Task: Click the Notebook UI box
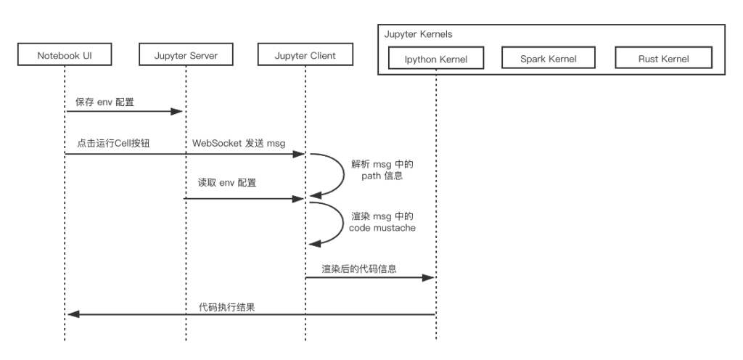[65, 54]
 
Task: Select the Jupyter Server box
[186, 54]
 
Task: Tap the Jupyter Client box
[305, 54]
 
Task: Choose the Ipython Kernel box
[436, 58]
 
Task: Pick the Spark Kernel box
[549, 58]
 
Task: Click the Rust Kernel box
[663, 58]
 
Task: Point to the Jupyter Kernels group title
[418, 34]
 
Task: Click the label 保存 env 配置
[104, 102]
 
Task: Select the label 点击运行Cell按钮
[113, 143]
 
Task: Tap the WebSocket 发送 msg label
[239, 143]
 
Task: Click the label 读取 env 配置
[227, 183]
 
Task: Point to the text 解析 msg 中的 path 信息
[382, 170]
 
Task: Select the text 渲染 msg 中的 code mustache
[382, 222]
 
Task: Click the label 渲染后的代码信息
[359, 269]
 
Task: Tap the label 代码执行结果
[226, 307]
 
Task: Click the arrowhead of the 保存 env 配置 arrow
[177, 112]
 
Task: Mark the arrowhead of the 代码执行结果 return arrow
[74, 314]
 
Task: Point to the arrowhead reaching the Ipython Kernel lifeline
[428, 277]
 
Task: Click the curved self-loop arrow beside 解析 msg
[344, 174]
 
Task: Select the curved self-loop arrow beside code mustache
[344, 223]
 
